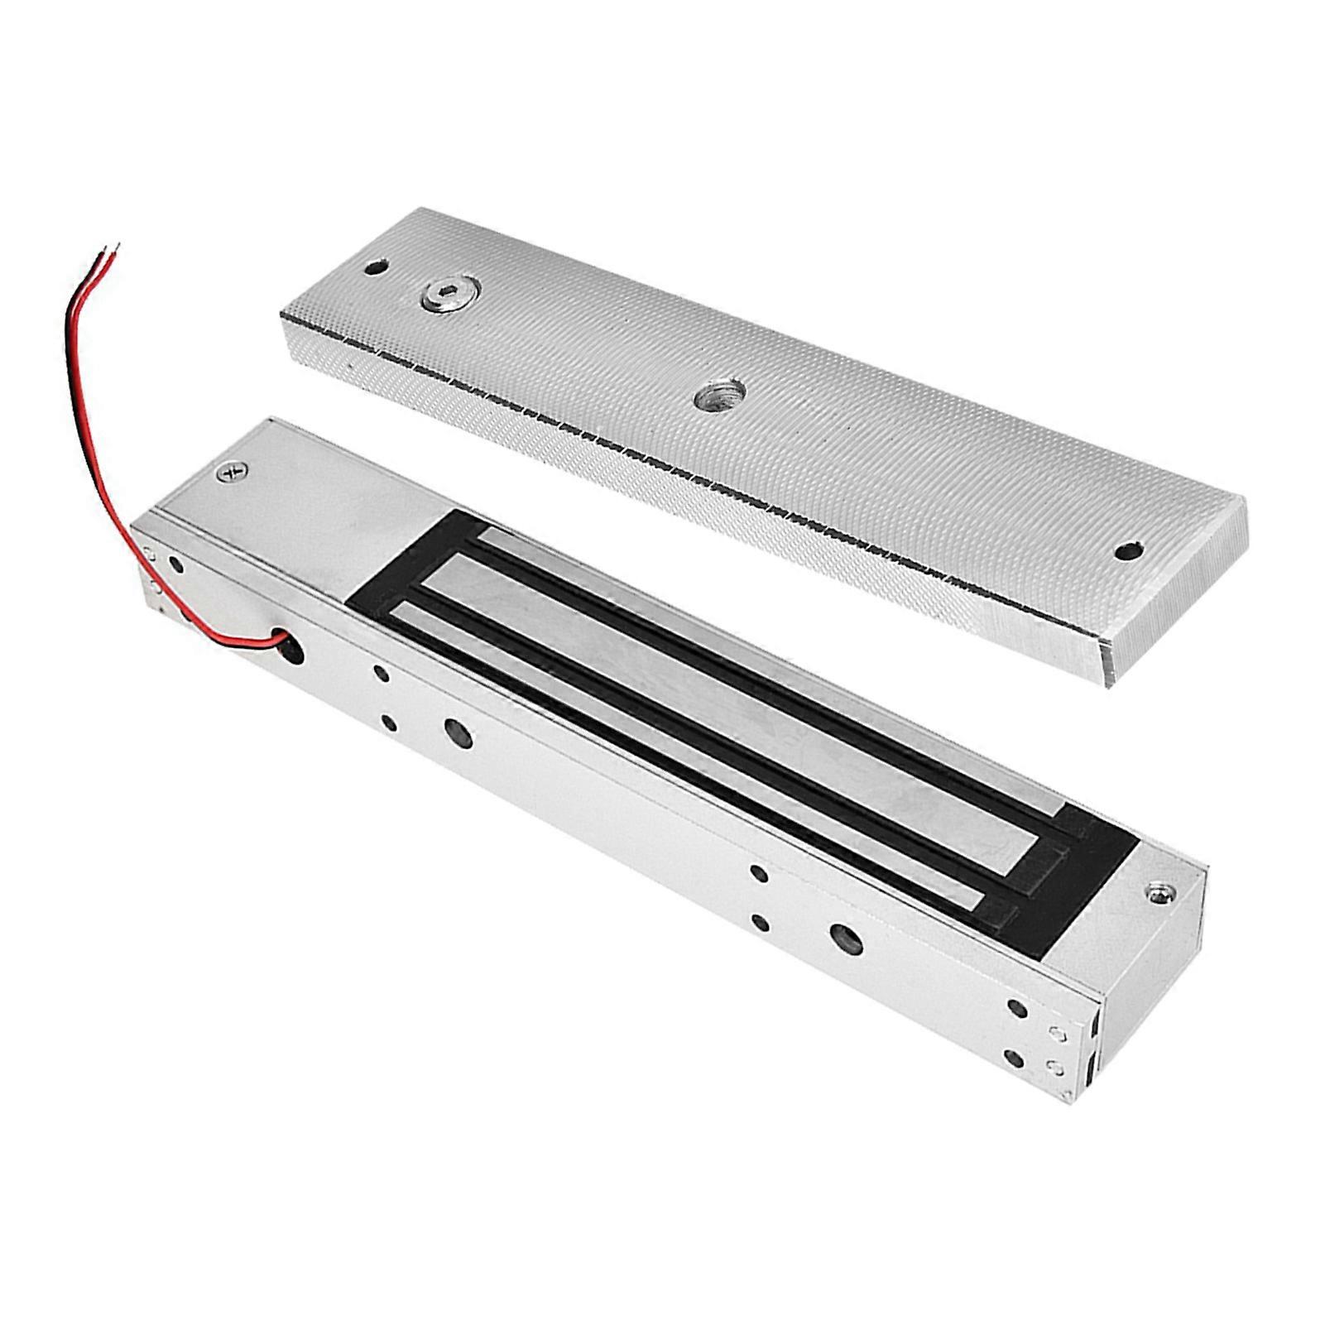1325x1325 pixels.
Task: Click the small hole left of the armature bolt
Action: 377,270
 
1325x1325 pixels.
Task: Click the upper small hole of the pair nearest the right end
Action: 1017,1007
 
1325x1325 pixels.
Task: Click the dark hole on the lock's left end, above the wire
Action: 175,566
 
